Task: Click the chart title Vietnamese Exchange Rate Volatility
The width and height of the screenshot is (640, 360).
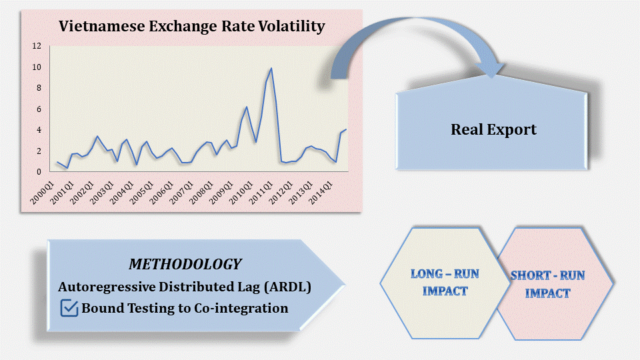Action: (x=192, y=27)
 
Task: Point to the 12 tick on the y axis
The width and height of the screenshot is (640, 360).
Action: (x=37, y=46)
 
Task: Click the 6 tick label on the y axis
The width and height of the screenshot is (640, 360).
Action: (x=39, y=109)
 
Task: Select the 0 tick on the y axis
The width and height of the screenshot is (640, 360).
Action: (x=39, y=172)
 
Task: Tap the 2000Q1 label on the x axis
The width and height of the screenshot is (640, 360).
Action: (x=43, y=193)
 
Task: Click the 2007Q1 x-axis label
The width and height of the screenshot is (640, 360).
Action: (x=181, y=193)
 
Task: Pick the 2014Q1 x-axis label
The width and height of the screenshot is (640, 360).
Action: (x=321, y=193)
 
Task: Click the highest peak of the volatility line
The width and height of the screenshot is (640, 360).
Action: (x=271, y=69)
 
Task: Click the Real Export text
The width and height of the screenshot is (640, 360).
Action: (x=493, y=129)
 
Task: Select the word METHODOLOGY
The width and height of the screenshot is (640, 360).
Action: (x=185, y=264)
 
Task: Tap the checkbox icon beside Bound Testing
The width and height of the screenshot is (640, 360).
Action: (x=69, y=308)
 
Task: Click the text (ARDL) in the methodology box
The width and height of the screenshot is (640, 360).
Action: (x=287, y=287)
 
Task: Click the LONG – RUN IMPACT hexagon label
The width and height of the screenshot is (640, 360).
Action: (x=445, y=283)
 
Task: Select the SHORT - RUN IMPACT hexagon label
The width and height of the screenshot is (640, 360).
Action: (x=548, y=284)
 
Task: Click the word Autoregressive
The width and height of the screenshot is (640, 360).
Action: (x=107, y=287)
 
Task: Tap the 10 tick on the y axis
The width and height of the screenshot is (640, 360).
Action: (x=37, y=67)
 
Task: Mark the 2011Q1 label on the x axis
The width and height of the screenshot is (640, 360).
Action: (x=261, y=193)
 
